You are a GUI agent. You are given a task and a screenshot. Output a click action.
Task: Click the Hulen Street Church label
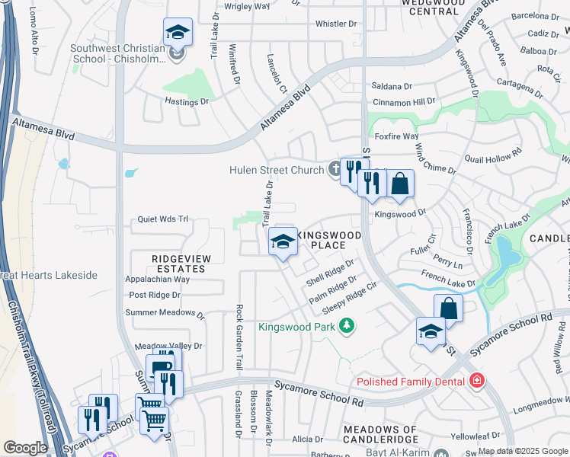click(278, 170)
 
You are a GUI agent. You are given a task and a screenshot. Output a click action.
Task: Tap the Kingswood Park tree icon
click(347, 327)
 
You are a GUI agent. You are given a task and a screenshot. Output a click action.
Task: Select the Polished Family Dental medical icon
click(477, 379)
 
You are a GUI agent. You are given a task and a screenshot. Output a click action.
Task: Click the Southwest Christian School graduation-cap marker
click(177, 33)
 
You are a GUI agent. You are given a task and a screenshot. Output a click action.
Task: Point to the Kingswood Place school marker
click(283, 243)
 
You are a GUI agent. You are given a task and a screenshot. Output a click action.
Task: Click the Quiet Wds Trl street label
click(162, 219)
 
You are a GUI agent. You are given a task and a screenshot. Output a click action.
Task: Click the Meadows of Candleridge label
click(380, 434)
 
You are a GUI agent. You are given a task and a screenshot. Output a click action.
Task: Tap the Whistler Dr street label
click(335, 24)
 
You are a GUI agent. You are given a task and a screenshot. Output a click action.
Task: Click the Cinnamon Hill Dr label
click(404, 101)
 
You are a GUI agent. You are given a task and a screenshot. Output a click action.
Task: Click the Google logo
click(26, 448)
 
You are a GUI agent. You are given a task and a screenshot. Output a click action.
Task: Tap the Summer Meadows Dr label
click(165, 312)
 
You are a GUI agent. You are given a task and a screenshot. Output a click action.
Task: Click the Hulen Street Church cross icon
click(335, 169)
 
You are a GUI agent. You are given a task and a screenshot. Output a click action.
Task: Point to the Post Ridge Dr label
click(155, 295)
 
